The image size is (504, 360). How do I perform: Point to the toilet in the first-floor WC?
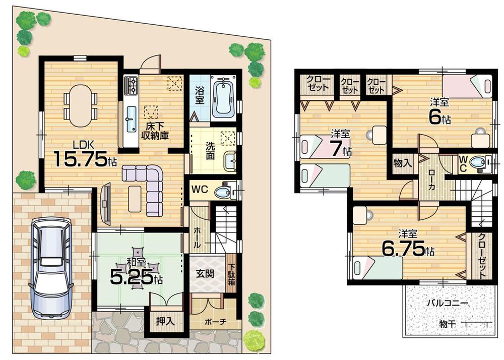coord(222,192)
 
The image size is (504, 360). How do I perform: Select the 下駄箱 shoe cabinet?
coord(231,275)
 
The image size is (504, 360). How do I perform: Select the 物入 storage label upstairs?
coord(403,163)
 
